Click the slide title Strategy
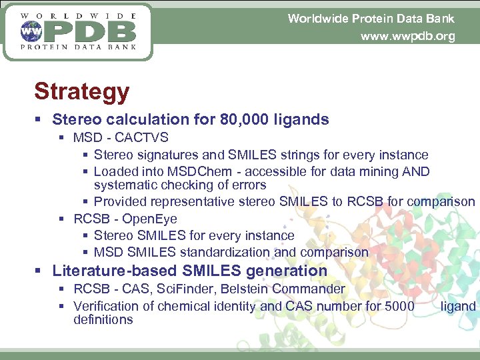tap(81, 91)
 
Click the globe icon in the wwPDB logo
tap(30, 31)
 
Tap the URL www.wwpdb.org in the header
tap(407, 36)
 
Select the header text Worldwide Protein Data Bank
tap(371, 18)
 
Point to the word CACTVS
tap(141, 138)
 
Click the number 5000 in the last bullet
tap(399, 306)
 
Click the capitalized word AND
tap(416, 172)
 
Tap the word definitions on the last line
tap(103, 320)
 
